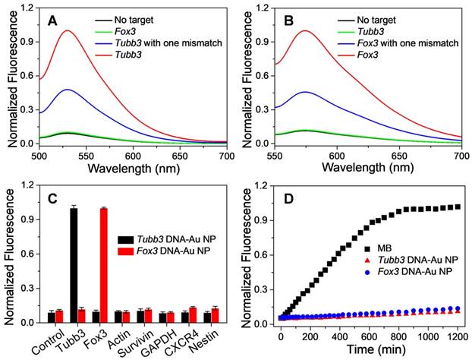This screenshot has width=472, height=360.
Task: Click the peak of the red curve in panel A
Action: pos(68,31)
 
